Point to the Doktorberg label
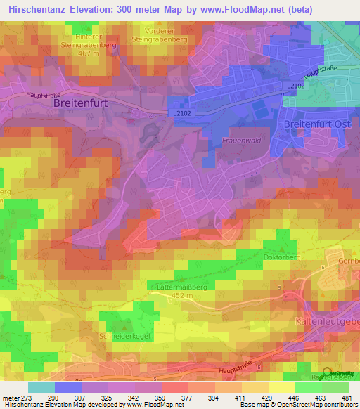282,258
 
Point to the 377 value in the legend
188,397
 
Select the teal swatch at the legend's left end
41,387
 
